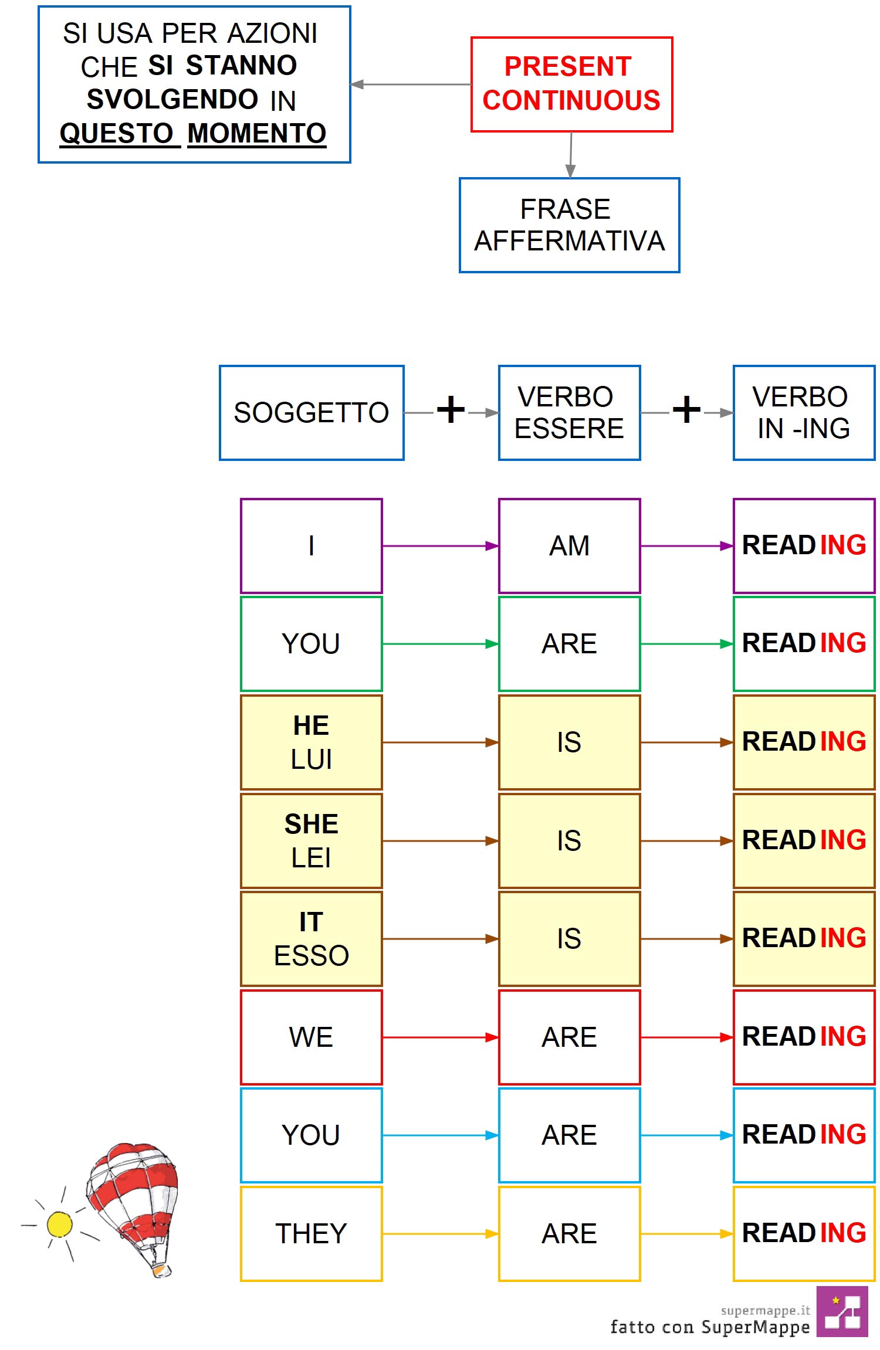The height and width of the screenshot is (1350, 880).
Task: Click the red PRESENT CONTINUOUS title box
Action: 571,84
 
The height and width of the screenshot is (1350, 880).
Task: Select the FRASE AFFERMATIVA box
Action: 569,225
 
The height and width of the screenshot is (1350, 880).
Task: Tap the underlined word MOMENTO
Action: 257,134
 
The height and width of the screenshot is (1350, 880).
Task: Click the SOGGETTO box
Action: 312,413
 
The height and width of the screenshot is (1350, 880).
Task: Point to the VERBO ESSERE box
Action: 569,413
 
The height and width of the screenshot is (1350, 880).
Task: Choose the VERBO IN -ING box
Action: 804,413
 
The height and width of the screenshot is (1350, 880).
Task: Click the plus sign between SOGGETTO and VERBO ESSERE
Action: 451,409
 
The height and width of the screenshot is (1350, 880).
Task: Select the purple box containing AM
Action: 569,546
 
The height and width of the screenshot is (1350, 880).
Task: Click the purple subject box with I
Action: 312,546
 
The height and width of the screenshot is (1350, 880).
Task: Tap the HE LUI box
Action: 312,742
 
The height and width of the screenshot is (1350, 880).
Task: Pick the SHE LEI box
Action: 312,841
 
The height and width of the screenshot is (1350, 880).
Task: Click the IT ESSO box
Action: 312,939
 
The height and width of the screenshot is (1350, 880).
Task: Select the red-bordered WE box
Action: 312,1037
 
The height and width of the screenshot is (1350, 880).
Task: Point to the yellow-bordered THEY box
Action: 312,1234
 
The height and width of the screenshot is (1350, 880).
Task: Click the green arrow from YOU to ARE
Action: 441,644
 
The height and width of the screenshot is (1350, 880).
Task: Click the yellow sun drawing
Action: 59,1224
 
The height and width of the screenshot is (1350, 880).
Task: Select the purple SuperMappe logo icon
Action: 842,1312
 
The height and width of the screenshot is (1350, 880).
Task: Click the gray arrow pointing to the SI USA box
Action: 411,84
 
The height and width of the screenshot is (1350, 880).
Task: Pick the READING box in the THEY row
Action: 804,1234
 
